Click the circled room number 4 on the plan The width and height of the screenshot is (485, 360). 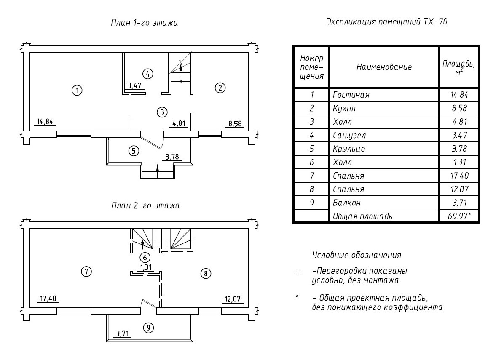click(147, 74)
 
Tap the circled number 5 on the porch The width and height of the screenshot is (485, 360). click(134, 151)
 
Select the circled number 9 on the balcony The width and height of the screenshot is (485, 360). click(148, 328)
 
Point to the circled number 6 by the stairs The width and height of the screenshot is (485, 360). click(145, 257)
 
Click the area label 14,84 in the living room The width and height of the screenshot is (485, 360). click(45, 122)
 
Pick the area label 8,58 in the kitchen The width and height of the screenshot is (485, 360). click(235, 124)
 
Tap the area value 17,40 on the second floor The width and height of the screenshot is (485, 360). click(48, 299)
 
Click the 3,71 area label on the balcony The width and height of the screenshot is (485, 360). click(122, 334)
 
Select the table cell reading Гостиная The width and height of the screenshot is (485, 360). click(351, 95)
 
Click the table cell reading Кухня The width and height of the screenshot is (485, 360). click(344, 109)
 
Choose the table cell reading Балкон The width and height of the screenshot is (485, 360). click(347, 203)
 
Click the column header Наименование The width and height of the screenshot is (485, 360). click(384, 67)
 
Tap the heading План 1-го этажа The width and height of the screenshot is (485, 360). click(144, 23)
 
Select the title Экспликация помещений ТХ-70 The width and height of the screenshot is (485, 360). click(387, 21)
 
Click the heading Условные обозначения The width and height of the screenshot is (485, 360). click(356, 255)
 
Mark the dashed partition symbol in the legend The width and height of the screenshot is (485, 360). click(297, 274)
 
